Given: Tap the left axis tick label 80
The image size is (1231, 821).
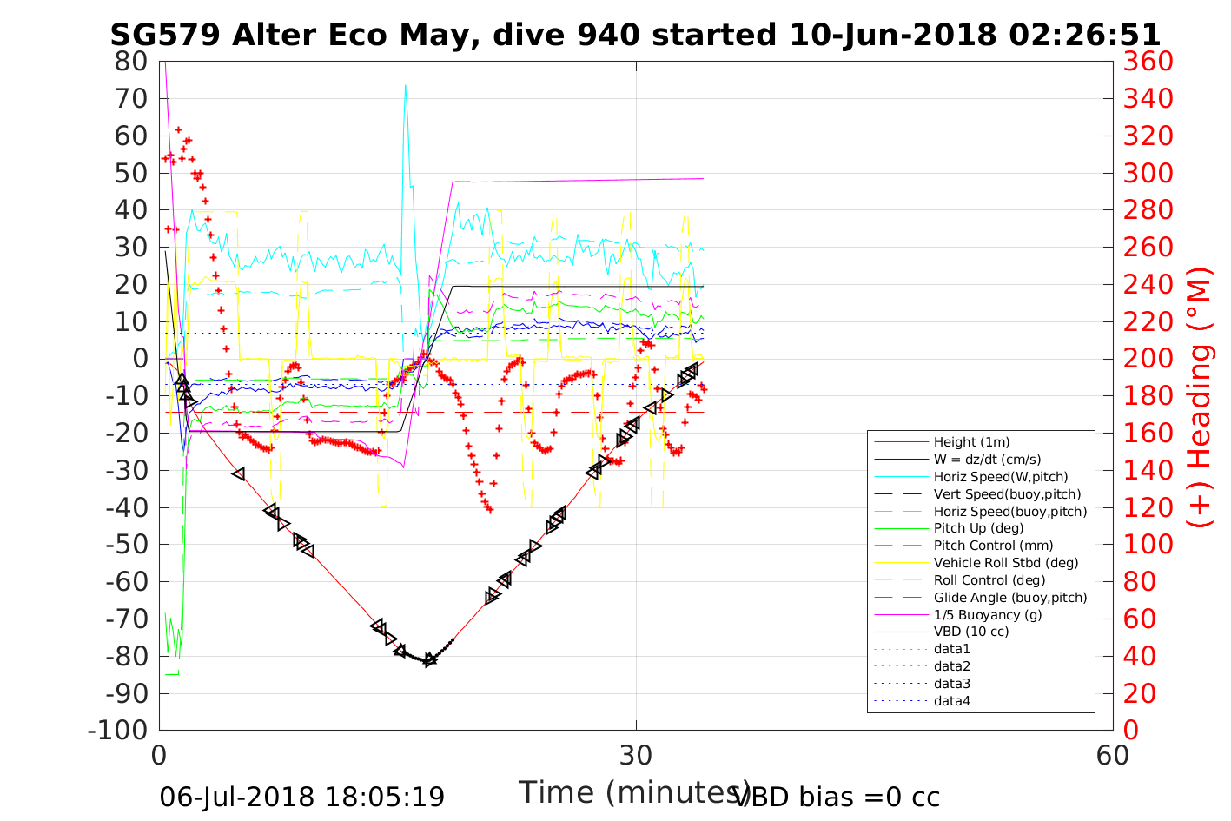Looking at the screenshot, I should click(131, 62).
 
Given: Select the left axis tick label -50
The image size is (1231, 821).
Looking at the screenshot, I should click(126, 545).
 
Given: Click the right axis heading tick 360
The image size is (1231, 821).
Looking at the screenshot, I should click(1148, 62).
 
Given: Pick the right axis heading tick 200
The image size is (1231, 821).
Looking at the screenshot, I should click(1148, 359).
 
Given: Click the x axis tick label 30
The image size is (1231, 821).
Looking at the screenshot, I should click(636, 756).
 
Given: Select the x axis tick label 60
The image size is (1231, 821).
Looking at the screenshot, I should click(1113, 756).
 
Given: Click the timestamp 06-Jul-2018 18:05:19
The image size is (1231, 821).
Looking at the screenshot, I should click(302, 797).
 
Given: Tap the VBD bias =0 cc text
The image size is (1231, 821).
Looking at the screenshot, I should click(837, 797).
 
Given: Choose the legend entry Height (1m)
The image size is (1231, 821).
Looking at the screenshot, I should click(971, 442).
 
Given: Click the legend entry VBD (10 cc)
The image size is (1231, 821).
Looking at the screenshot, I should click(971, 632).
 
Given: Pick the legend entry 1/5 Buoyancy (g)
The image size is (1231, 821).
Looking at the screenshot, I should click(988, 614).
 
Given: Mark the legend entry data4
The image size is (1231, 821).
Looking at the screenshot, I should click(951, 701).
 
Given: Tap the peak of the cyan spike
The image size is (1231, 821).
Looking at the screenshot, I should click(405, 85).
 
